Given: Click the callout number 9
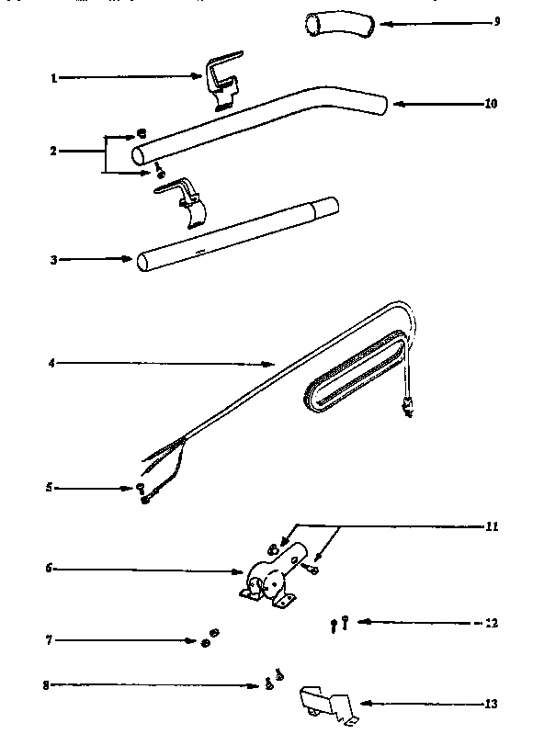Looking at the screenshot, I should tap(496, 21).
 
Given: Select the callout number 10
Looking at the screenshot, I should tap(491, 104).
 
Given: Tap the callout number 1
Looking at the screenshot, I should tap(54, 79).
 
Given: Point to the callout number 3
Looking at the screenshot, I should tap(54, 260).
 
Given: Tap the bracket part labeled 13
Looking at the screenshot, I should tap(329, 703).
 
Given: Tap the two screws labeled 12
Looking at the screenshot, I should tap(337, 623).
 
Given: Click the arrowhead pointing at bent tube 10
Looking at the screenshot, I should tap(398, 104).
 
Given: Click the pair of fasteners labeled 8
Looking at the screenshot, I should tap(273, 681).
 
